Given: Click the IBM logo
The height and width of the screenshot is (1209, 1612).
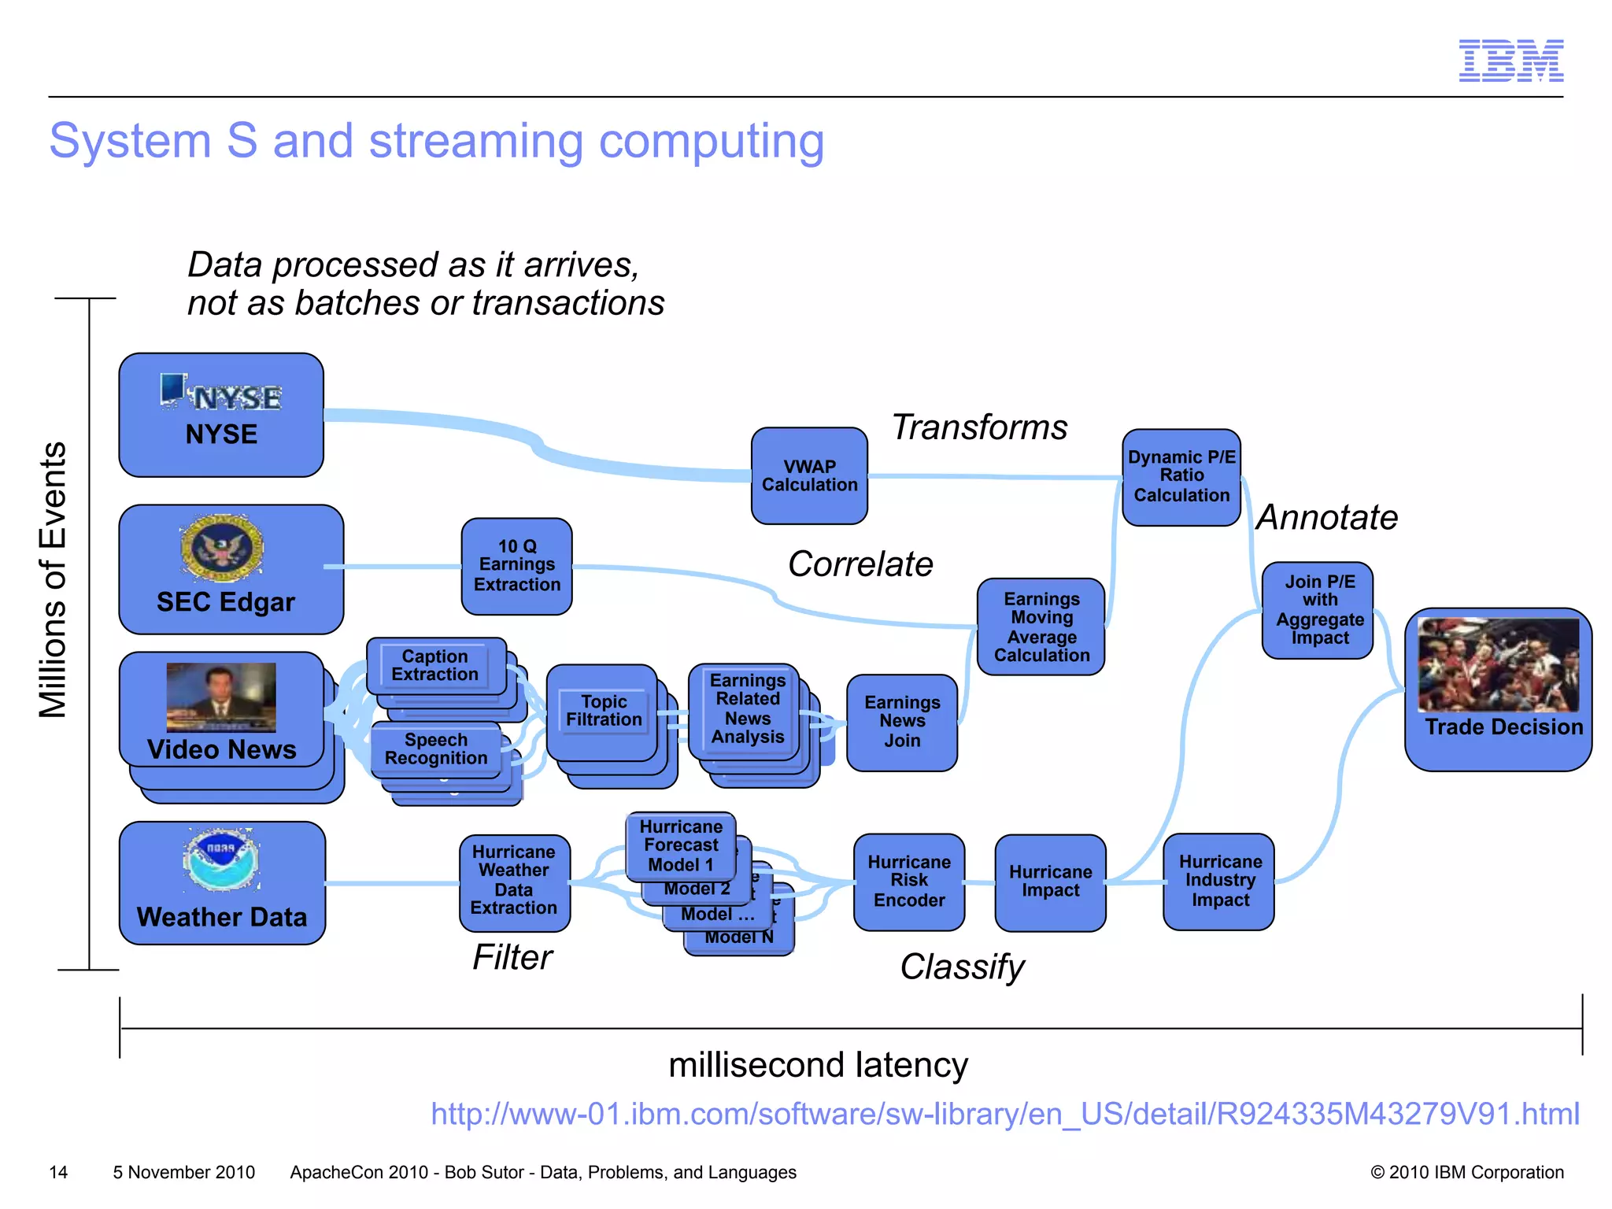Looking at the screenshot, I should [x=1510, y=61].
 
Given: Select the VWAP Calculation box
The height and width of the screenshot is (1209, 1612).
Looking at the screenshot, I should [x=809, y=476].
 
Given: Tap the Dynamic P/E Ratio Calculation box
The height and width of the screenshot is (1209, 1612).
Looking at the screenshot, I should [x=1181, y=477].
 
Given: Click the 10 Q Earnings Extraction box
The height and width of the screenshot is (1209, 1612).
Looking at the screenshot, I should [x=516, y=566].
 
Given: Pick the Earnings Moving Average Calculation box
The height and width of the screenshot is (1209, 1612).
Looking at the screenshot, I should [x=1041, y=627].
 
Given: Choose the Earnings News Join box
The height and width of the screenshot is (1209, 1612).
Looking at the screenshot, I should [x=901, y=722].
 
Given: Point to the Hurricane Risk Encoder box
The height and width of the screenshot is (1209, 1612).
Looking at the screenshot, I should [x=908, y=882].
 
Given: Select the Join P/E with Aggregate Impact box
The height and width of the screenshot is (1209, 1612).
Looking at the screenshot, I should [x=1318, y=610].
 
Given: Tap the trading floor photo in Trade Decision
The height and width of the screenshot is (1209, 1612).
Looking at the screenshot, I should [x=1497, y=665].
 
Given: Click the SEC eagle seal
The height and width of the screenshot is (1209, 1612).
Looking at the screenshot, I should [x=221, y=549].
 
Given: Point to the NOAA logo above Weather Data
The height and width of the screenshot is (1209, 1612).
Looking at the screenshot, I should [x=221, y=859].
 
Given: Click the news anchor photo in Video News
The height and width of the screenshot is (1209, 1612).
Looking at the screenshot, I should [x=221, y=697].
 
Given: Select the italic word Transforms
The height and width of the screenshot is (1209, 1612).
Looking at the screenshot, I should [x=979, y=427].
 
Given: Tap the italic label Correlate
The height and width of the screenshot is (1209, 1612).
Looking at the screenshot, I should [x=860, y=564].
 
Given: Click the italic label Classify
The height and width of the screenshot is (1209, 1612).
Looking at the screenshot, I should [x=962, y=967].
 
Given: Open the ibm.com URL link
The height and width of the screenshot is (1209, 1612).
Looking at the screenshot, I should [x=1004, y=1114].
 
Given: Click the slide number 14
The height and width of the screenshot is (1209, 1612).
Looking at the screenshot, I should [x=58, y=1172].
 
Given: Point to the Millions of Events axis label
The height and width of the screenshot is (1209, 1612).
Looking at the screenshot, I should [x=53, y=580].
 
